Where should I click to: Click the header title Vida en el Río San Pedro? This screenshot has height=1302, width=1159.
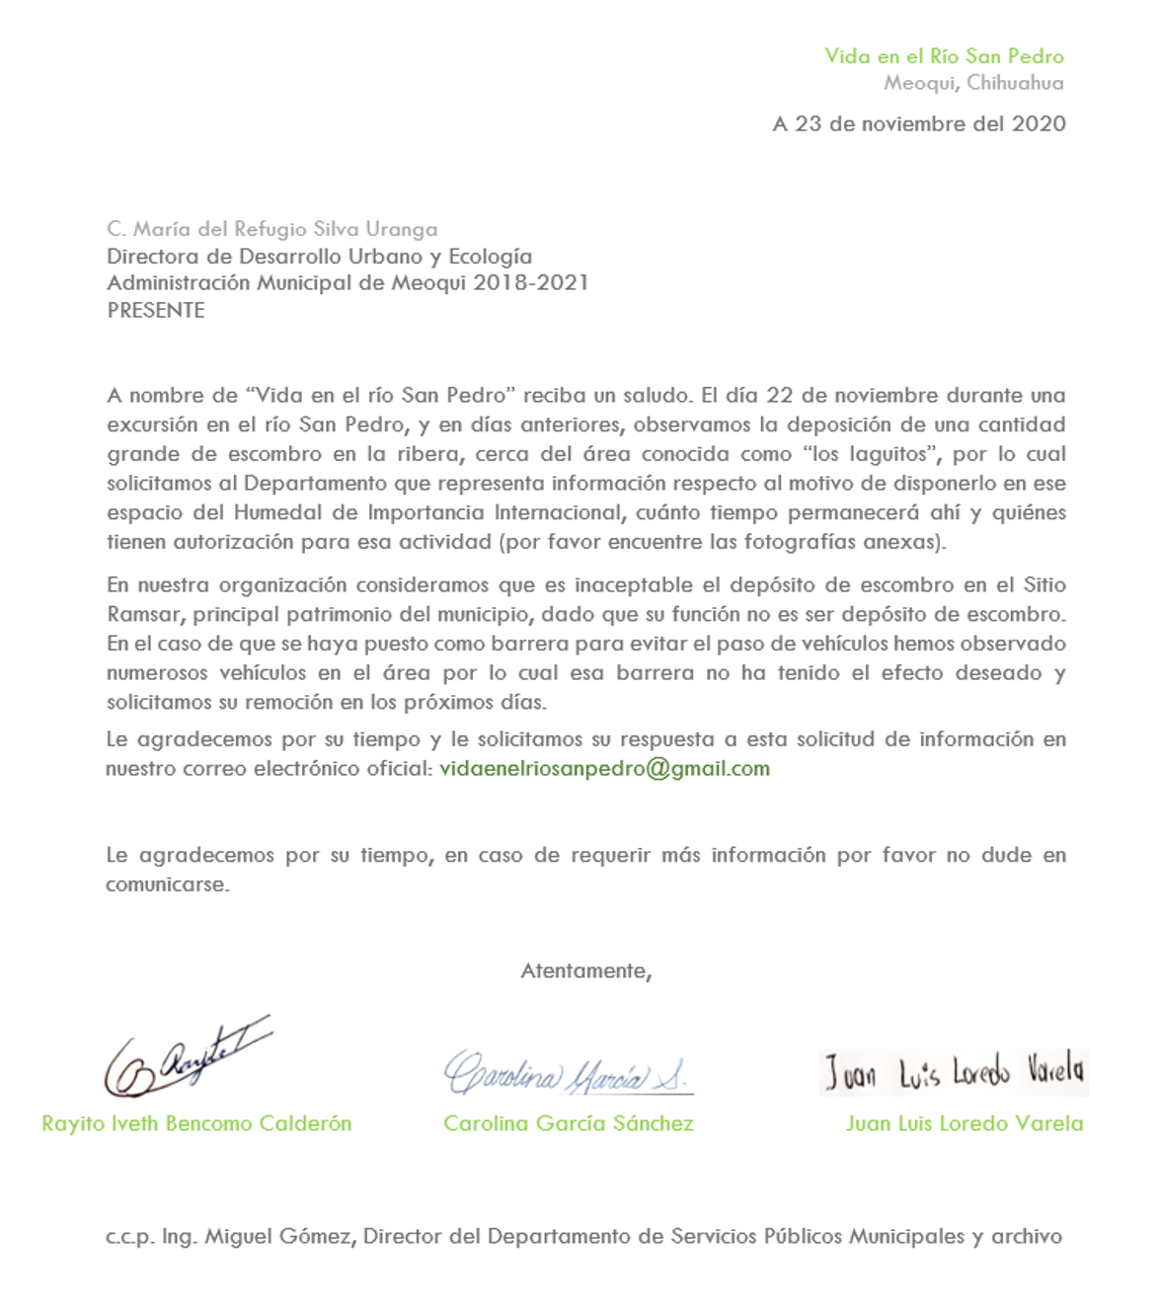(x=944, y=56)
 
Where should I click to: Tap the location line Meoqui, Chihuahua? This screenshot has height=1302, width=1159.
(x=973, y=83)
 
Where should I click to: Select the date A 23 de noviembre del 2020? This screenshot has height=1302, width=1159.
(x=919, y=124)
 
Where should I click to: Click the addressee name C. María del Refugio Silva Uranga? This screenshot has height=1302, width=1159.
(x=272, y=229)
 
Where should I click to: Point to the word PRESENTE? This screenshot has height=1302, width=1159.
(x=156, y=310)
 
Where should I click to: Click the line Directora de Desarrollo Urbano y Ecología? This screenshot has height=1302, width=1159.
(x=319, y=257)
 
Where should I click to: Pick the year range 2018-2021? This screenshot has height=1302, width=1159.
(x=530, y=283)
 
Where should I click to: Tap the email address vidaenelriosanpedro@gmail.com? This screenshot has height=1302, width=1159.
(x=604, y=769)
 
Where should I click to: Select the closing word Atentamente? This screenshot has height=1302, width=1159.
(x=585, y=971)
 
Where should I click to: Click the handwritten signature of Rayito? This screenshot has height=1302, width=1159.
(x=187, y=1059)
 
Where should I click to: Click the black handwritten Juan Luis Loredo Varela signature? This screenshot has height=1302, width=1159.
(x=954, y=1072)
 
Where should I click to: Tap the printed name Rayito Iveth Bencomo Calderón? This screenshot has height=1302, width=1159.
(x=196, y=1124)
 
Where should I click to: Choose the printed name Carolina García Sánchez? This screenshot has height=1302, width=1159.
(x=569, y=1124)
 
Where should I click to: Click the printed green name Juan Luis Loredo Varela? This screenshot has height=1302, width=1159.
(x=965, y=1124)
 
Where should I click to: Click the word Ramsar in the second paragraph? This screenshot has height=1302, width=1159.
(x=143, y=615)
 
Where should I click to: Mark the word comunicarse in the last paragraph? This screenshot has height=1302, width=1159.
(x=167, y=885)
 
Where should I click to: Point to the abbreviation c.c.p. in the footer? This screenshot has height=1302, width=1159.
(x=129, y=1237)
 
